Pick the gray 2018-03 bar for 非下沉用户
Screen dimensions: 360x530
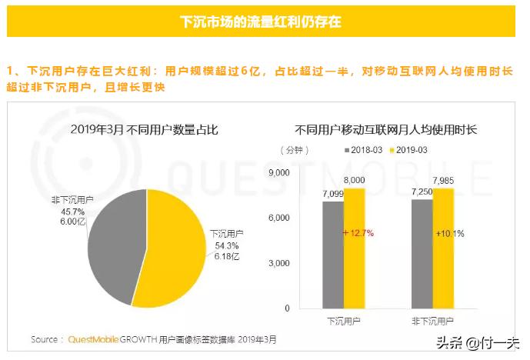pyautogui.click(x=422, y=254)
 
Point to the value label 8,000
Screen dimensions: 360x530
pyautogui.click(x=355, y=180)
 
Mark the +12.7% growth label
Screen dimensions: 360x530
pyautogui.click(x=357, y=232)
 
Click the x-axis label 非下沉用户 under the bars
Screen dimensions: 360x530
pyautogui.click(x=432, y=319)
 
